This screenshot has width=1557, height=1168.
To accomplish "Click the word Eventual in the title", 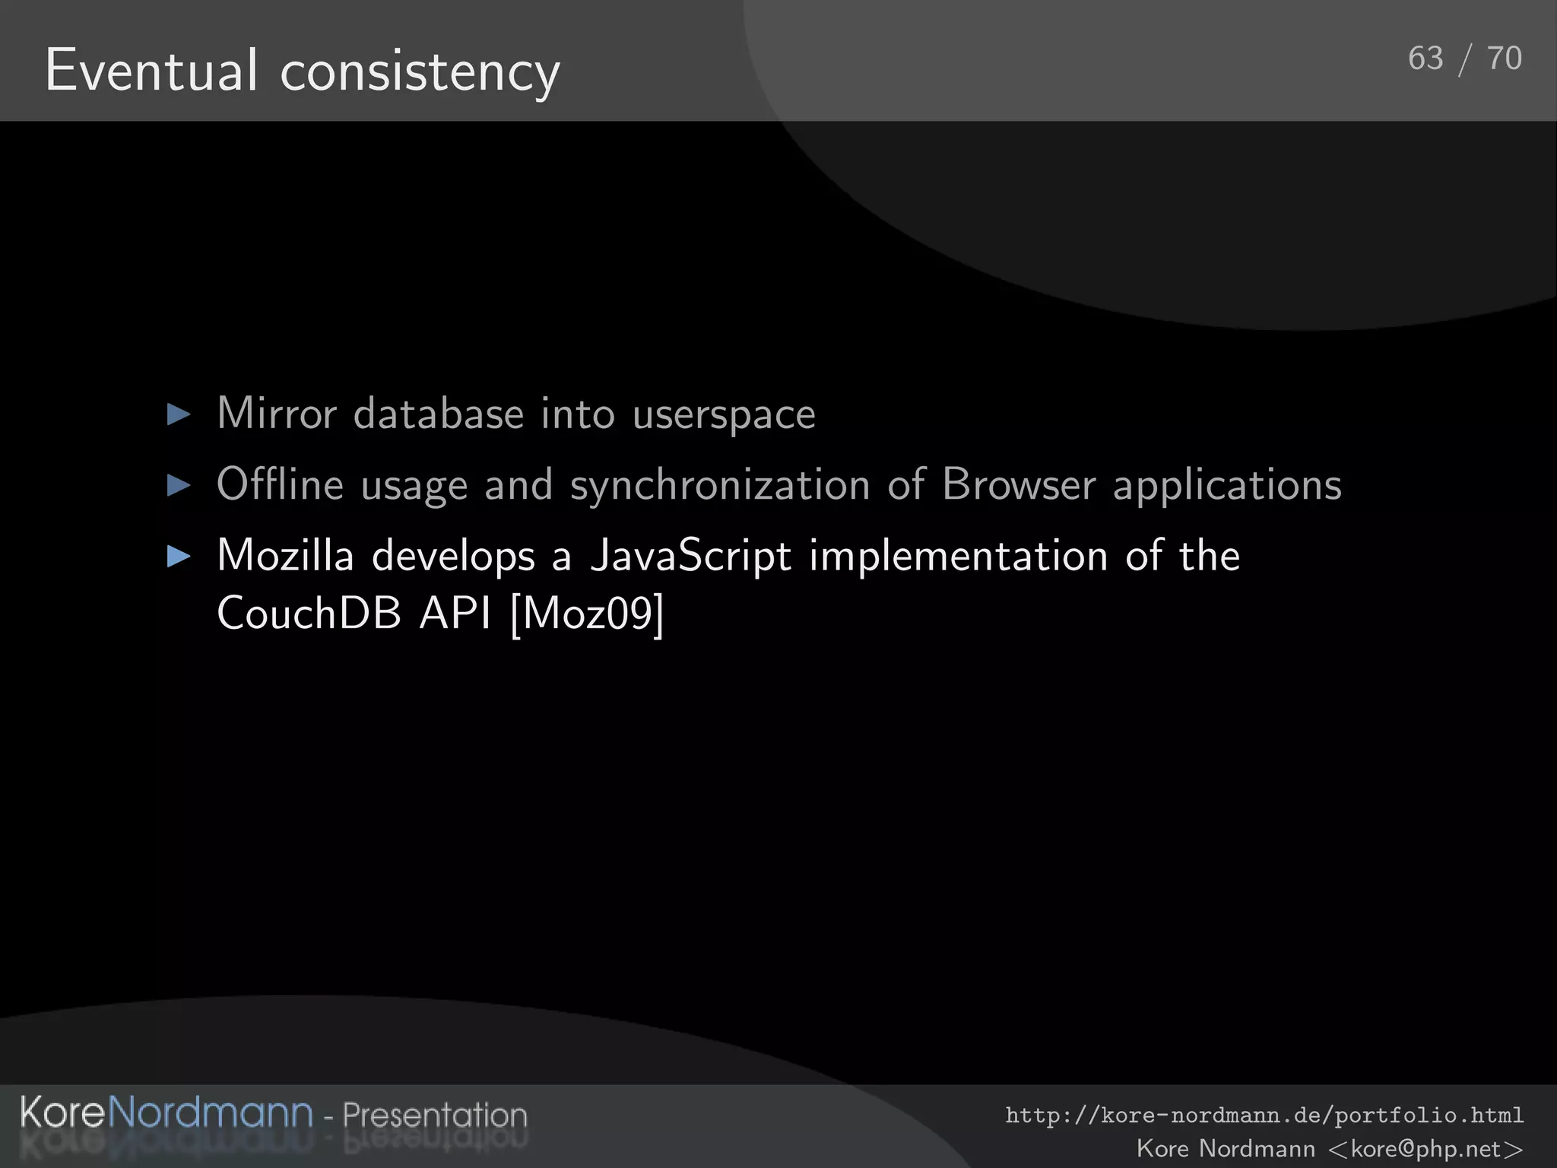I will tap(151, 71).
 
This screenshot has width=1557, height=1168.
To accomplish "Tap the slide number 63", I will tap(1425, 59).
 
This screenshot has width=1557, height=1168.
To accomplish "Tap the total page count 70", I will tap(1504, 59).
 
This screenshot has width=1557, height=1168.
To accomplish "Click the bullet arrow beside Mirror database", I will tap(179, 414).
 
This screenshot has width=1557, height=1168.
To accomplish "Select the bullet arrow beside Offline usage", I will tap(179, 485).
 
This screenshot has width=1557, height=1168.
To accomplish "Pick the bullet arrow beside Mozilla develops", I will tap(179, 556).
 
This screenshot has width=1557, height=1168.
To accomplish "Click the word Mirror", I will tap(276, 414).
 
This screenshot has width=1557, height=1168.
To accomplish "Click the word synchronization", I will tap(719, 486).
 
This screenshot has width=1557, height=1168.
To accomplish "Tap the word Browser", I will tap(1018, 484).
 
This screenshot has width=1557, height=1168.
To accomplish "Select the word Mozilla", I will tap(285, 555).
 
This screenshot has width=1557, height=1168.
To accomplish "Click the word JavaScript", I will tap(690, 557).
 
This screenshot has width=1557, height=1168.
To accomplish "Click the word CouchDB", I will tap(309, 613).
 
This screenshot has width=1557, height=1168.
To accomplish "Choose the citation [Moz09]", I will tap(587, 614).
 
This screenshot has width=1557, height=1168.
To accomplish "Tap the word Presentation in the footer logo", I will tap(434, 1115).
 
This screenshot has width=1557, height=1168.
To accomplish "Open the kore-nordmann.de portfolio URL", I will tap(1264, 1116).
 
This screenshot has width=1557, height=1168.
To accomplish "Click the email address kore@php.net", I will tap(1425, 1148).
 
